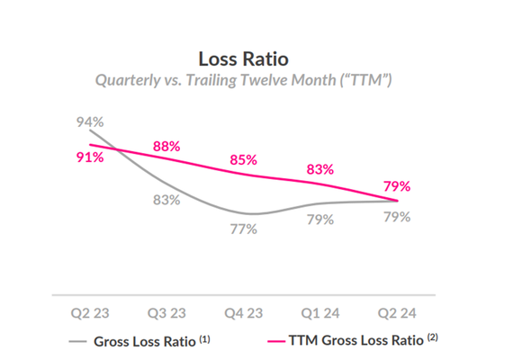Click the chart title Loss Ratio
point(244,59)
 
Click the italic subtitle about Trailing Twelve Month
point(244,79)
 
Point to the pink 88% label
point(166,145)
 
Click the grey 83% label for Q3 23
point(166,199)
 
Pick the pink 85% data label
point(243,159)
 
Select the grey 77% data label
point(243,229)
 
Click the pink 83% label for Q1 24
point(319,168)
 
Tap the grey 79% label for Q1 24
point(319,219)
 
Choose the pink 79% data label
point(397,186)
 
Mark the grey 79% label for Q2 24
point(397,217)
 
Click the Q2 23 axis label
point(90,315)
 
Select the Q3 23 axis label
point(166,315)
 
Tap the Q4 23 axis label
point(243,315)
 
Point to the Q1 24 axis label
point(319,315)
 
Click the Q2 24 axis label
point(397,315)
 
